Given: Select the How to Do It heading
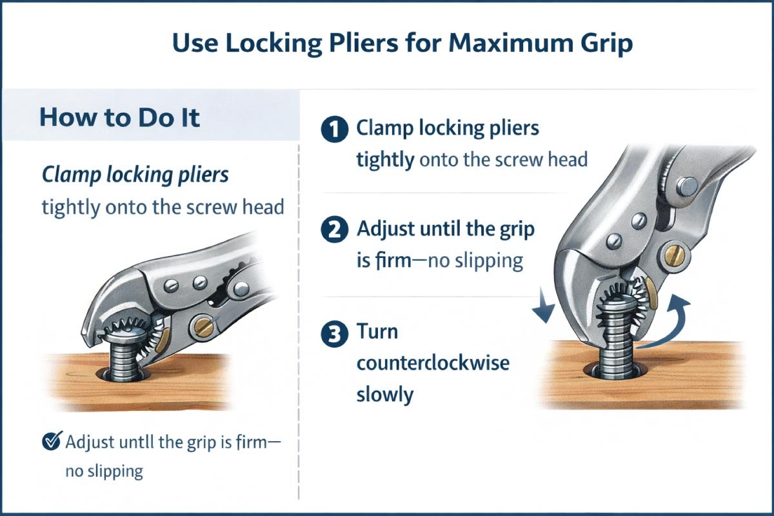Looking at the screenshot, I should (x=119, y=118).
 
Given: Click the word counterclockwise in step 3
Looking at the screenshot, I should (x=432, y=362).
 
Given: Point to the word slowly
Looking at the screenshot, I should (x=384, y=393).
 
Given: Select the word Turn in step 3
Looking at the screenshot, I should (x=377, y=333).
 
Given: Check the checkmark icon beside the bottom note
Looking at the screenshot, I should (x=50, y=442).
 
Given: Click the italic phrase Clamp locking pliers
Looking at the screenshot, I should (x=135, y=175).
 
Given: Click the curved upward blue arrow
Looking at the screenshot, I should (x=671, y=322).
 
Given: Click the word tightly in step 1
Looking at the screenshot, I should (x=385, y=159).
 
